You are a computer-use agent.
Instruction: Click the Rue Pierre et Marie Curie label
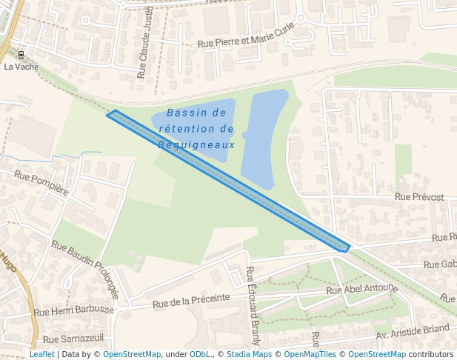point(246,37)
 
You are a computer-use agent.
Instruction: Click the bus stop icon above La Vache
point(21,54)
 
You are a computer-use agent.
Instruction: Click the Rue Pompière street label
point(41,182)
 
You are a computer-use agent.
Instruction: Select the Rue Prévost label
point(419,197)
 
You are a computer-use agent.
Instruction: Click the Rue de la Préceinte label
point(191,300)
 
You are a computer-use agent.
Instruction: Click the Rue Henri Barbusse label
point(74,310)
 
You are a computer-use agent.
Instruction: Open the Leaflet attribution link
point(41,355)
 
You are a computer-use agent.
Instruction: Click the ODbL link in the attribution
point(200,355)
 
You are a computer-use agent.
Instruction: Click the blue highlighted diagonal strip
point(228,181)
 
